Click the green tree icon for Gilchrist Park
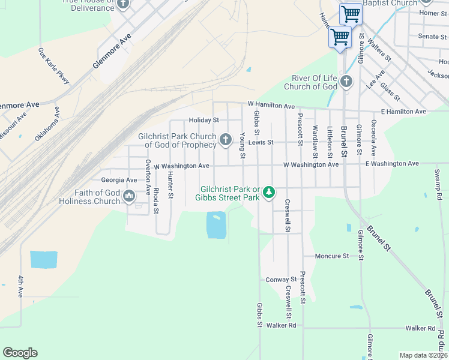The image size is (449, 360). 270,192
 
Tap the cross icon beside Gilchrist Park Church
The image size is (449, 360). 225,140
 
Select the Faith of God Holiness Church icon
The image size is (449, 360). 128,196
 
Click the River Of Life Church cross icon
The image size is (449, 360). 346,82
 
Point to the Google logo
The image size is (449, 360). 20,353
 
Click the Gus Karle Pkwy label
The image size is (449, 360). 54,66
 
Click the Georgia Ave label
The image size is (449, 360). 119,180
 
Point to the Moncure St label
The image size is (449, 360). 332,256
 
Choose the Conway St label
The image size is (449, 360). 282,280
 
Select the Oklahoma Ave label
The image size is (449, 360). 47,124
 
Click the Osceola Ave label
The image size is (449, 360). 373,138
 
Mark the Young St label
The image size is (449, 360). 243,146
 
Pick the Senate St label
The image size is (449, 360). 429,37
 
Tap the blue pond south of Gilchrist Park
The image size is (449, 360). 216,225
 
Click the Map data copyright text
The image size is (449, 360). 423,355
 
